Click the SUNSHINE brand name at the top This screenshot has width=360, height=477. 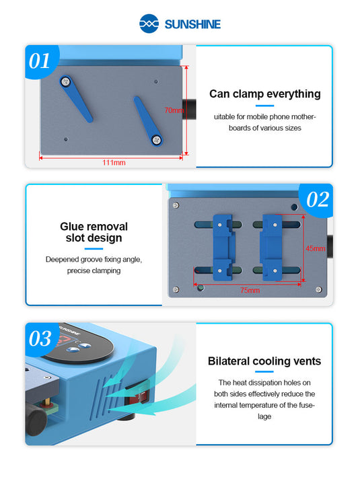pos(192,25)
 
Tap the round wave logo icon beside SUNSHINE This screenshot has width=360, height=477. pos(150,24)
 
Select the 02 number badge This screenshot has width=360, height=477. pos(316,199)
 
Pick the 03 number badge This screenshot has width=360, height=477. pos(40,338)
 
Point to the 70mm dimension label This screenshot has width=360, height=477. pos(174,110)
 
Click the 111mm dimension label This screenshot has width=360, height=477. pos(114,162)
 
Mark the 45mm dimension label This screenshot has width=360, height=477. pos(314,248)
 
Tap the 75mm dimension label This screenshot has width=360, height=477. pos(250,290)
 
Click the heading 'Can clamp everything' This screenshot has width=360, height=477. pos(264,94)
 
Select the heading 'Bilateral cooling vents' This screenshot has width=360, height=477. pos(264,361)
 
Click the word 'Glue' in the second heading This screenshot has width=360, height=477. pos(72,227)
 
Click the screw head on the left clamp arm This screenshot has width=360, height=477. pos(65,81)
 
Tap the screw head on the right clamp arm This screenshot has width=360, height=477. pos(156,139)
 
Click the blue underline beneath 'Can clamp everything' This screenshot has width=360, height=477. pos(264,106)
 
